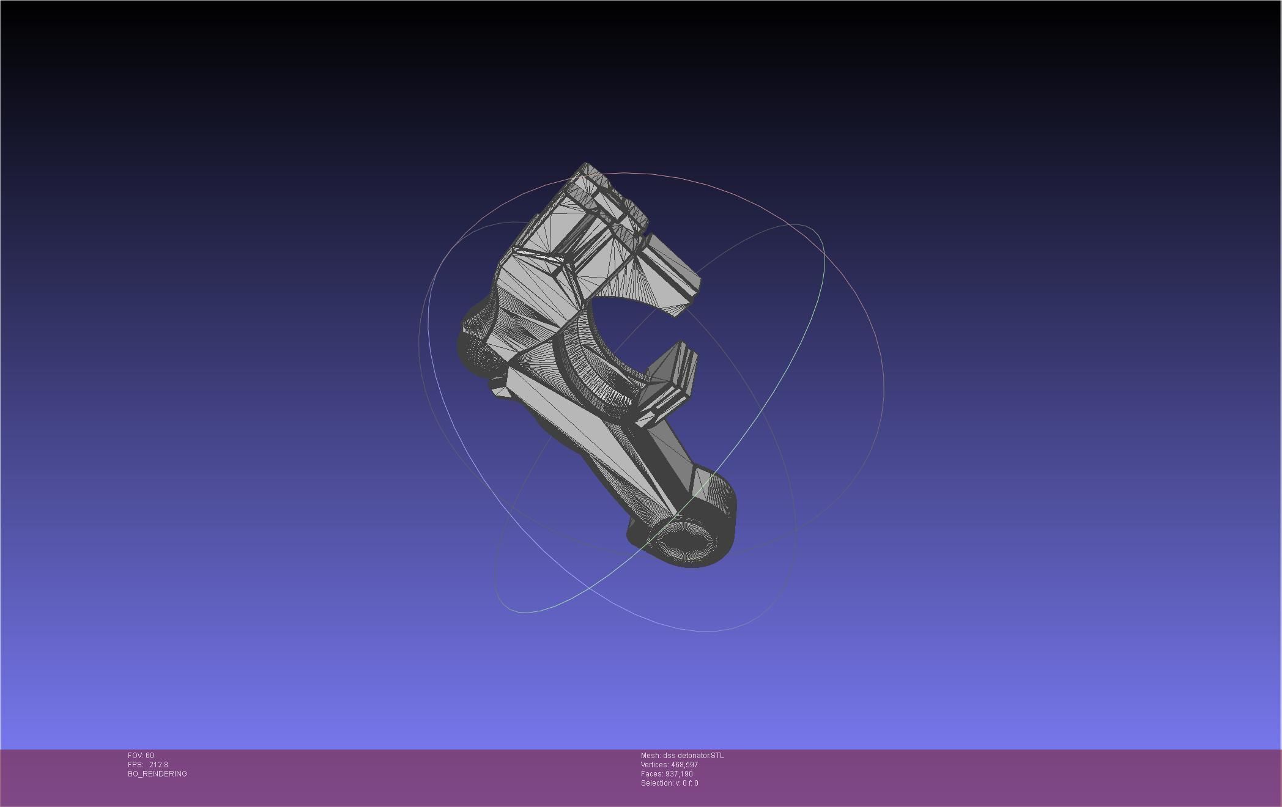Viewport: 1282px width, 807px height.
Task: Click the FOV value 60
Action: pyautogui.click(x=150, y=756)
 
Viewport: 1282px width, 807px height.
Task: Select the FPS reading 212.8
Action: pyautogui.click(x=158, y=765)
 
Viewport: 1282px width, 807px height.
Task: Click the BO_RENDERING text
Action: pyautogui.click(x=157, y=774)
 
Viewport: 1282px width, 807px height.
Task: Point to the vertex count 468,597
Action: pyautogui.click(x=684, y=765)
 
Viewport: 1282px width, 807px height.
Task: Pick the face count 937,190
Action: pyautogui.click(x=679, y=774)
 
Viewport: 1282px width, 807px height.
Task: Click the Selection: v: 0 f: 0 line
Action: pyautogui.click(x=669, y=783)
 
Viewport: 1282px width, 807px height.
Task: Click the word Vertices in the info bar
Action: pyautogui.click(x=654, y=765)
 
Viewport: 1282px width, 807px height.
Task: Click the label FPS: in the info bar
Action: pyautogui.click(x=135, y=765)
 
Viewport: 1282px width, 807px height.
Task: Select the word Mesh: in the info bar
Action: pyautogui.click(x=650, y=756)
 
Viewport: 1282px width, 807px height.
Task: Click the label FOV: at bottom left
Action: pyautogui.click(x=136, y=756)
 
